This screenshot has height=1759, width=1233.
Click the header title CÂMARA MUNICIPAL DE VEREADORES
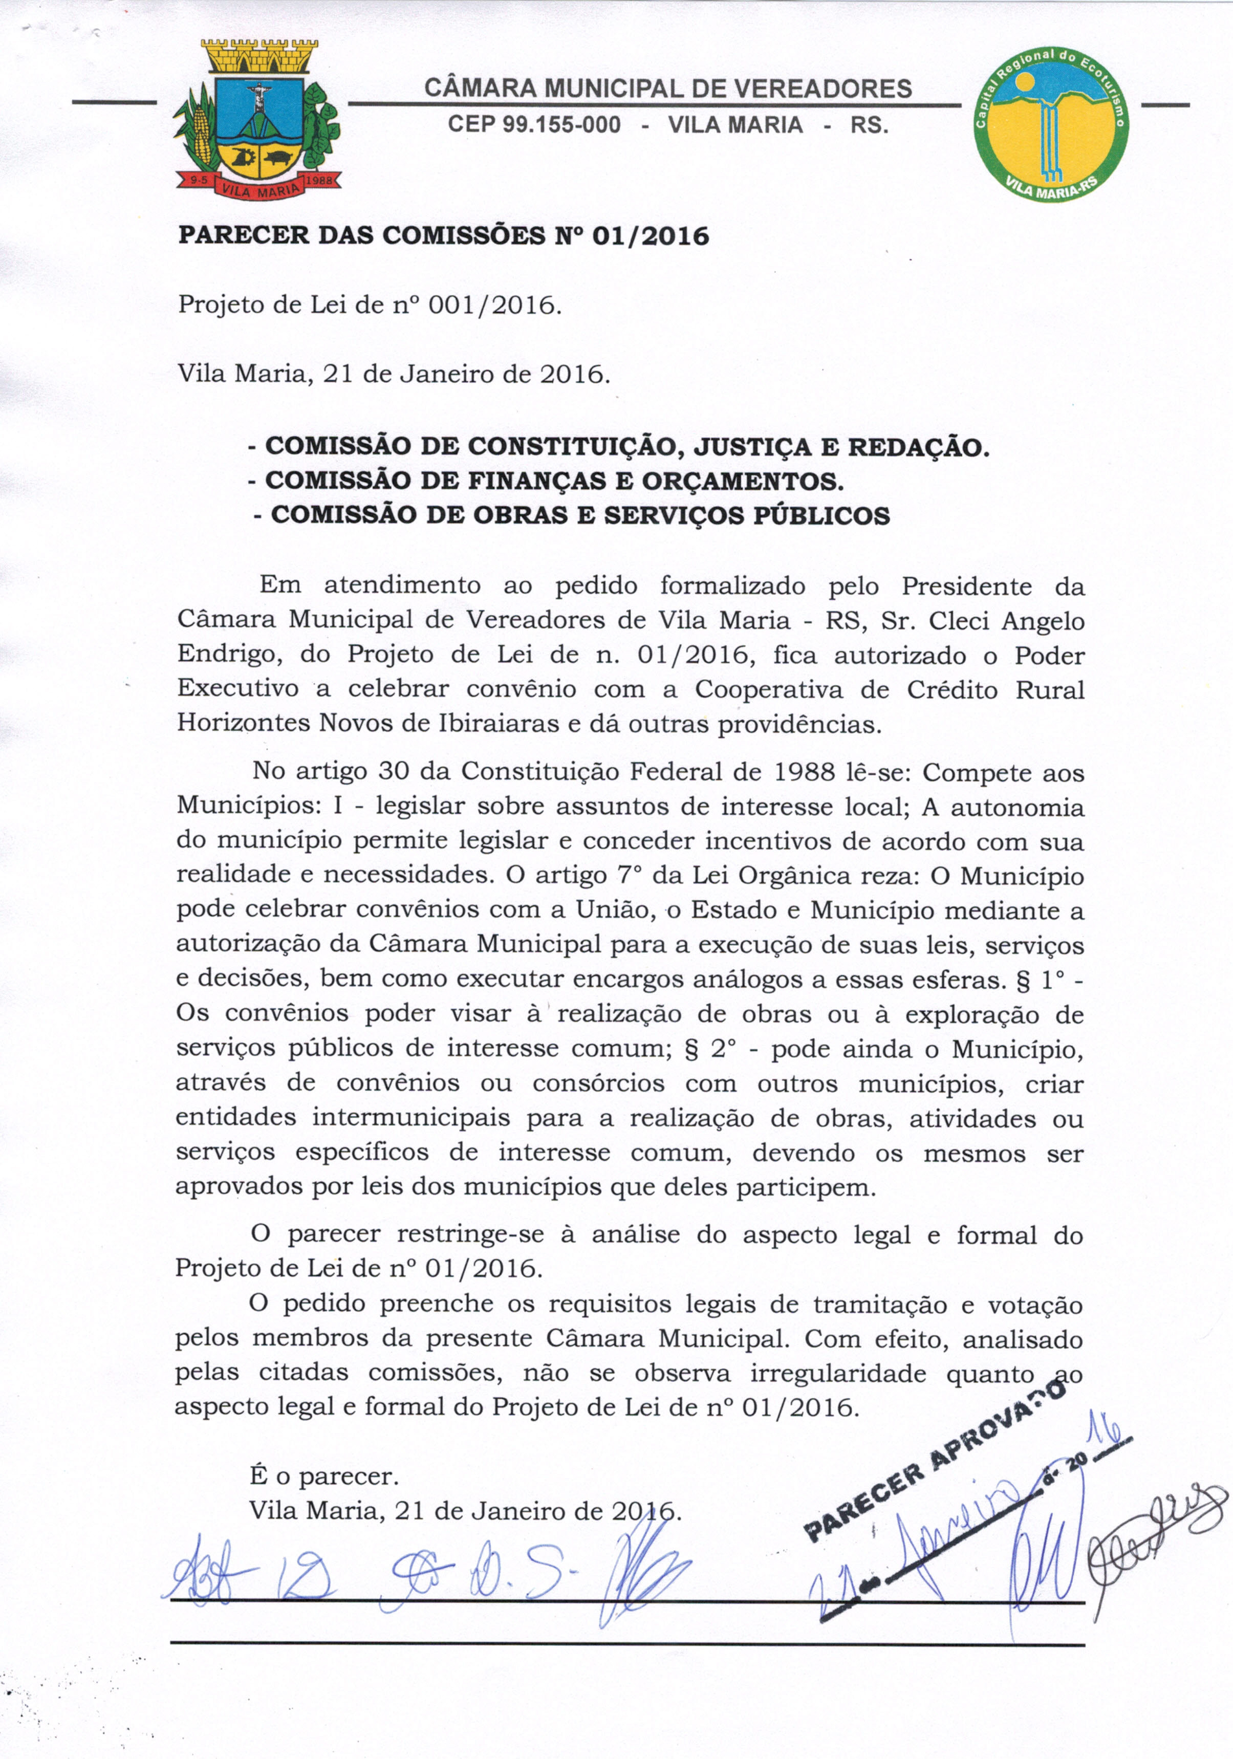667,89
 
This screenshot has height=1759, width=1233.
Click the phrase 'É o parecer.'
324,1475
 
